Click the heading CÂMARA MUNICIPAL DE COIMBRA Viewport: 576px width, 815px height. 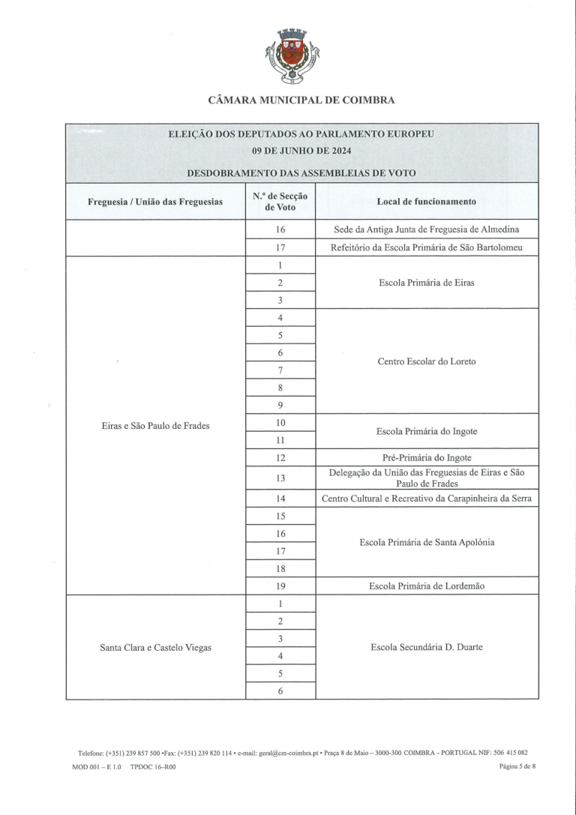coord(301,100)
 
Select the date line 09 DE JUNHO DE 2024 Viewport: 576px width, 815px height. coord(301,150)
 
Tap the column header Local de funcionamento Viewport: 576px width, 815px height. coord(426,202)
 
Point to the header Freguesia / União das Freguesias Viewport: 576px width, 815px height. coord(155,202)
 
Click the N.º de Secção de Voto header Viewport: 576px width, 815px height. coord(280,202)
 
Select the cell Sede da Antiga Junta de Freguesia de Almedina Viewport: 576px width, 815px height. coord(426,229)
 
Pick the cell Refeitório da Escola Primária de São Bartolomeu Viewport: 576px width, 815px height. coord(426,247)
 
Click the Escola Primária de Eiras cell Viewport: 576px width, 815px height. coord(426,283)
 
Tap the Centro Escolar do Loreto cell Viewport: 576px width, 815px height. coord(426,361)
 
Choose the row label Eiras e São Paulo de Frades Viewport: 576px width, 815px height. coord(155,426)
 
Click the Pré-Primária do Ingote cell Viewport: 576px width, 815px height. coord(426,457)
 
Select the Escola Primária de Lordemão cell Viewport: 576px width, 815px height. coord(426,586)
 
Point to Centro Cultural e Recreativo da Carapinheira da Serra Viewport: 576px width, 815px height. coord(426,499)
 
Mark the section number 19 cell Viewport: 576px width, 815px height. coord(280,586)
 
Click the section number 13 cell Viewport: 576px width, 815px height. coord(280,478)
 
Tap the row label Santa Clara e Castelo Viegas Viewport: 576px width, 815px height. coord(155,648)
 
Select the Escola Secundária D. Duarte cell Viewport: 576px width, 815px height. coord(426,648)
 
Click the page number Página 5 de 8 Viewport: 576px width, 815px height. coord(518,767)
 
